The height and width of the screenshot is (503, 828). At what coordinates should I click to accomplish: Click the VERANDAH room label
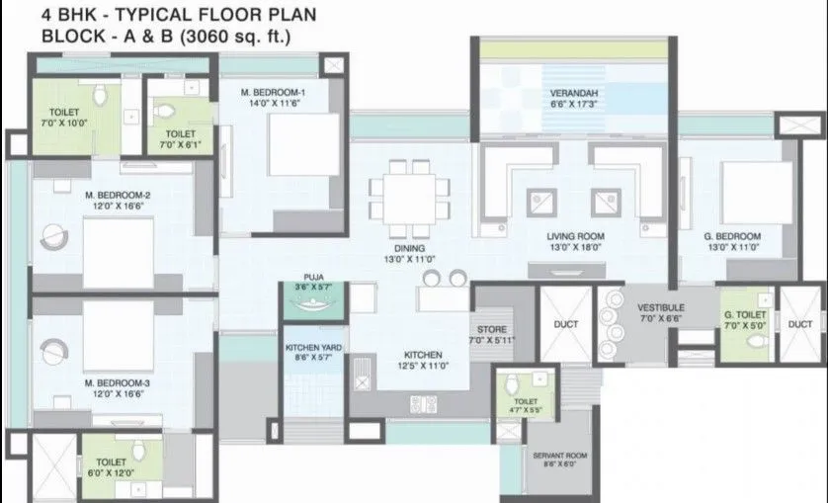(x=572, y=96)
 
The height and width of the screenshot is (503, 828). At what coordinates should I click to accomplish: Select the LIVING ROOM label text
(x=575, y=237)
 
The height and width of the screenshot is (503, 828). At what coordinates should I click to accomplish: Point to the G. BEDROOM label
(x=732, y=237)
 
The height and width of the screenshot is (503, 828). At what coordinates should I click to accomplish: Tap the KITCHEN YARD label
(x=313, y=348)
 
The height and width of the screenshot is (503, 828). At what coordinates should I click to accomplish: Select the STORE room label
(x=491, y=330)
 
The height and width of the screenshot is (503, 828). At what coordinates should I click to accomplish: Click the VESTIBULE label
(x=660, y=307)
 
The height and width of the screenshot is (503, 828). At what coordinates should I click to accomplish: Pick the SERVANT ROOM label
(x=559, y=455)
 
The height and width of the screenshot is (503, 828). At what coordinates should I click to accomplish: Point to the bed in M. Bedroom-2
(x=118, y=252)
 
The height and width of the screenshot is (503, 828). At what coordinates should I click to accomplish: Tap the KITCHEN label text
(x=420, y=355)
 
